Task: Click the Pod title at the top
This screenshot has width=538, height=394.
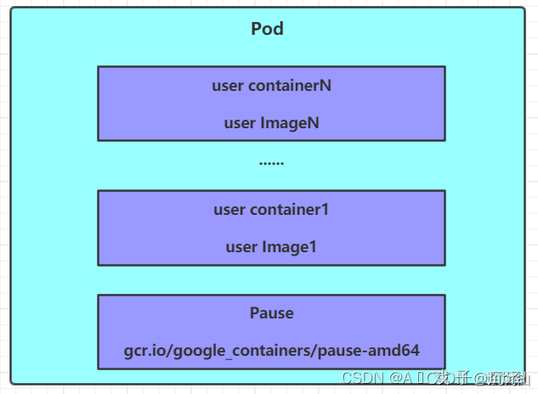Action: point(268,29)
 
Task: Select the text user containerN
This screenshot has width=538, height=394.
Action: point(271,86)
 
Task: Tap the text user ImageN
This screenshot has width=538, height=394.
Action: point(271,123)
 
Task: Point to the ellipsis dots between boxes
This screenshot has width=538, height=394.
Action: point(271,162)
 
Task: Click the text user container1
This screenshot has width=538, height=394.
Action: point(271,210)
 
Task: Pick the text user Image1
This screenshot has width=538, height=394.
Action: point(271,247)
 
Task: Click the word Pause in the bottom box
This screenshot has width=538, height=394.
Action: point(271,313)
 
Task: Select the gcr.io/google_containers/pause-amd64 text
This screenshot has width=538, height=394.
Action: point(271,351)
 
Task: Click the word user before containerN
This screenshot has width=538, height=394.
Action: point(228,86)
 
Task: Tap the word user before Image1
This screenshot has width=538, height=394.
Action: point(241,247)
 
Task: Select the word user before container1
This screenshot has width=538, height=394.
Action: point(229,210)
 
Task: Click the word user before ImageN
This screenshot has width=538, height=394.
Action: point(239,123)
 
